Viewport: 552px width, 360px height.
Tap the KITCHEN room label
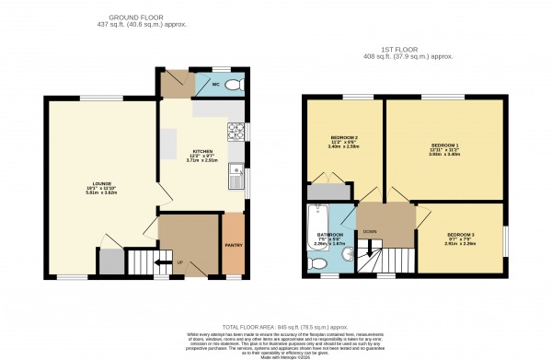click(x=203, y=152)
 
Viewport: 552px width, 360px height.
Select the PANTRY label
click(x=234, y=245)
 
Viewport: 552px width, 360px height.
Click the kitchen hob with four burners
click(x=238, y=130)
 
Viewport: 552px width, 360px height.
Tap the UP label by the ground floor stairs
click(x=179, y=264)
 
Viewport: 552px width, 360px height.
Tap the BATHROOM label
click(x=330, y=235)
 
